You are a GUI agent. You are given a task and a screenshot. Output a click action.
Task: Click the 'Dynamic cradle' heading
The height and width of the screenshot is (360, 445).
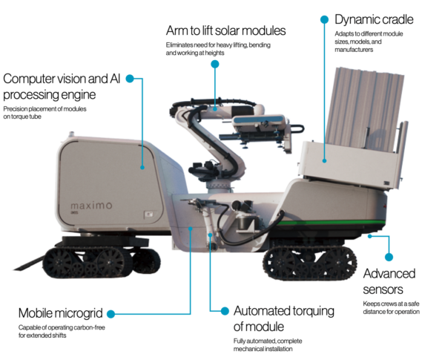coord(374,19)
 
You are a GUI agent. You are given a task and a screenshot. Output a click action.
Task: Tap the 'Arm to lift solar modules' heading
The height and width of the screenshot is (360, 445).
coord(225,30)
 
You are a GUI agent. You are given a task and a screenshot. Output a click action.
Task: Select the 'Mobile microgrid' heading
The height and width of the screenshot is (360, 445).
coord(61,313)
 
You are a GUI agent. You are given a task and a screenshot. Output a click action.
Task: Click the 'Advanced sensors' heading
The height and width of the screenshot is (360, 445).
coord(389,281)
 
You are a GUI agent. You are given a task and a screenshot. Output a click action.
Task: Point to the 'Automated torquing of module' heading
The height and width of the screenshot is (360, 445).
coord(284,318)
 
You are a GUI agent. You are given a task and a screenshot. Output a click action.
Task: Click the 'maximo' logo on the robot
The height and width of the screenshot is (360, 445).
coord(91,206)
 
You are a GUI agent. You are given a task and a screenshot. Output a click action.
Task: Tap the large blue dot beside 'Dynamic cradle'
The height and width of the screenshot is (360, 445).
coord(324,19)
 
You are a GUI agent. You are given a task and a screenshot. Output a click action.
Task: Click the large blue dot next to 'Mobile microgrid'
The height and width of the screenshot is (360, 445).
coord(111,314)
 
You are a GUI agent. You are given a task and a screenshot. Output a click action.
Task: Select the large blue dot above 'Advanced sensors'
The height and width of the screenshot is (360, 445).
coord(389,257)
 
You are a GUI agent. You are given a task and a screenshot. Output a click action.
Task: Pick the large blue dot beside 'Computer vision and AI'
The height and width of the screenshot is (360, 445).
coord(130,79)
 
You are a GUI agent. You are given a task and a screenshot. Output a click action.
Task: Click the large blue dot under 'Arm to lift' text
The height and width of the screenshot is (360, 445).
coord(215,65)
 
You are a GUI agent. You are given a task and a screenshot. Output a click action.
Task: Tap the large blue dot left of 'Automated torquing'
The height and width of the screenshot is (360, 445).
coord(225,311)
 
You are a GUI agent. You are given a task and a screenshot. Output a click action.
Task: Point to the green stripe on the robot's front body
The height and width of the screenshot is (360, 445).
coord(331,223)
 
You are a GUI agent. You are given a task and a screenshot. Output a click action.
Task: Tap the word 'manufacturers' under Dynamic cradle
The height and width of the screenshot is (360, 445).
coord(354,50)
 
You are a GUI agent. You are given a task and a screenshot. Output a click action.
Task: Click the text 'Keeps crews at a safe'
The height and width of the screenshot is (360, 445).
coord(391,304)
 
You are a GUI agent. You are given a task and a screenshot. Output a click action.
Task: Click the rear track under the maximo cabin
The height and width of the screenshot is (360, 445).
coord(102,262)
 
